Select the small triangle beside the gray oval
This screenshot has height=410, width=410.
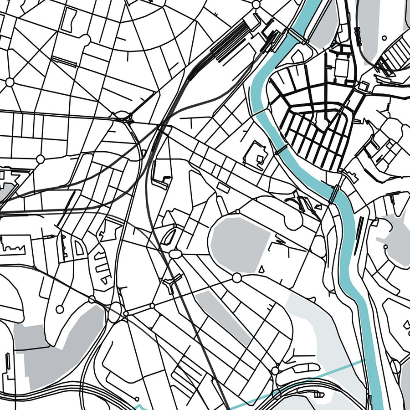pos(262,270)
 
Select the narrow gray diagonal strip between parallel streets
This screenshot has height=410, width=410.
pos(223,317)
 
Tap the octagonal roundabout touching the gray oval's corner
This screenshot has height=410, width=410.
pos(236,277)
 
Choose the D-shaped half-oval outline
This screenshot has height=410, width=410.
pos(80,248)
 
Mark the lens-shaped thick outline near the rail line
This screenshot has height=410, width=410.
pos(170,236)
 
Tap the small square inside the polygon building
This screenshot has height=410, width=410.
pos(260,159)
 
